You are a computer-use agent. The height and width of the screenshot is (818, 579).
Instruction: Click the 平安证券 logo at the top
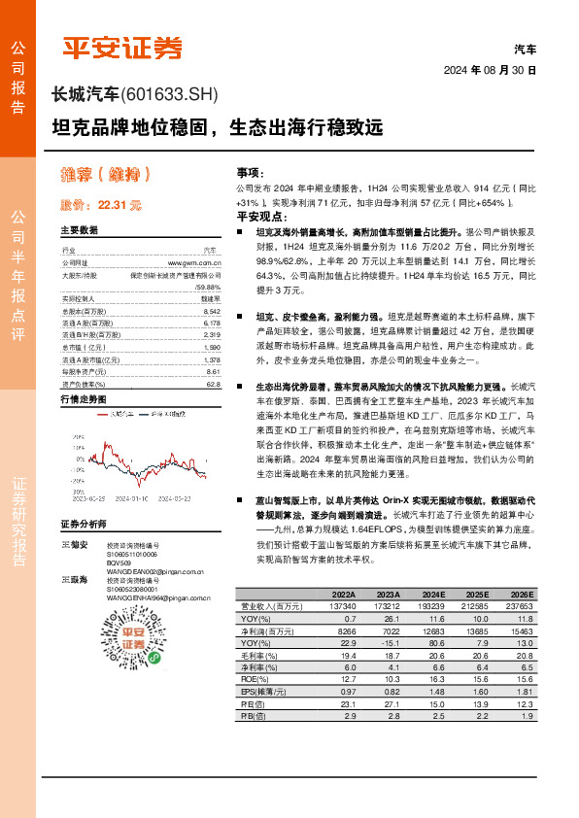(x=122, y=47)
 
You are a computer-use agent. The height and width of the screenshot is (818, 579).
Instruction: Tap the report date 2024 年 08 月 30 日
(x=490, y=71)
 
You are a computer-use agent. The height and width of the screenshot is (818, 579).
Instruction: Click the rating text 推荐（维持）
(x=106, y=175)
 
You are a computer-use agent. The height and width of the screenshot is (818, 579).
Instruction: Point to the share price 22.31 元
(x=119, y=205)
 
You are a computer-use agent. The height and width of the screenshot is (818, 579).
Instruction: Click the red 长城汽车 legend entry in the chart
(x=121, y=413)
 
